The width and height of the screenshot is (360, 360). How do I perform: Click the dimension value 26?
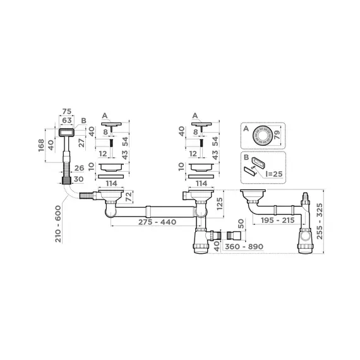point(79,168)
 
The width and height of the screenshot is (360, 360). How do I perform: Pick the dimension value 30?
point(79,179)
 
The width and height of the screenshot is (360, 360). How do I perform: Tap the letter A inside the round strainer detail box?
point(245,128)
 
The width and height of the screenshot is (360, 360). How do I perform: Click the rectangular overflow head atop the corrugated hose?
point(65,132)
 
